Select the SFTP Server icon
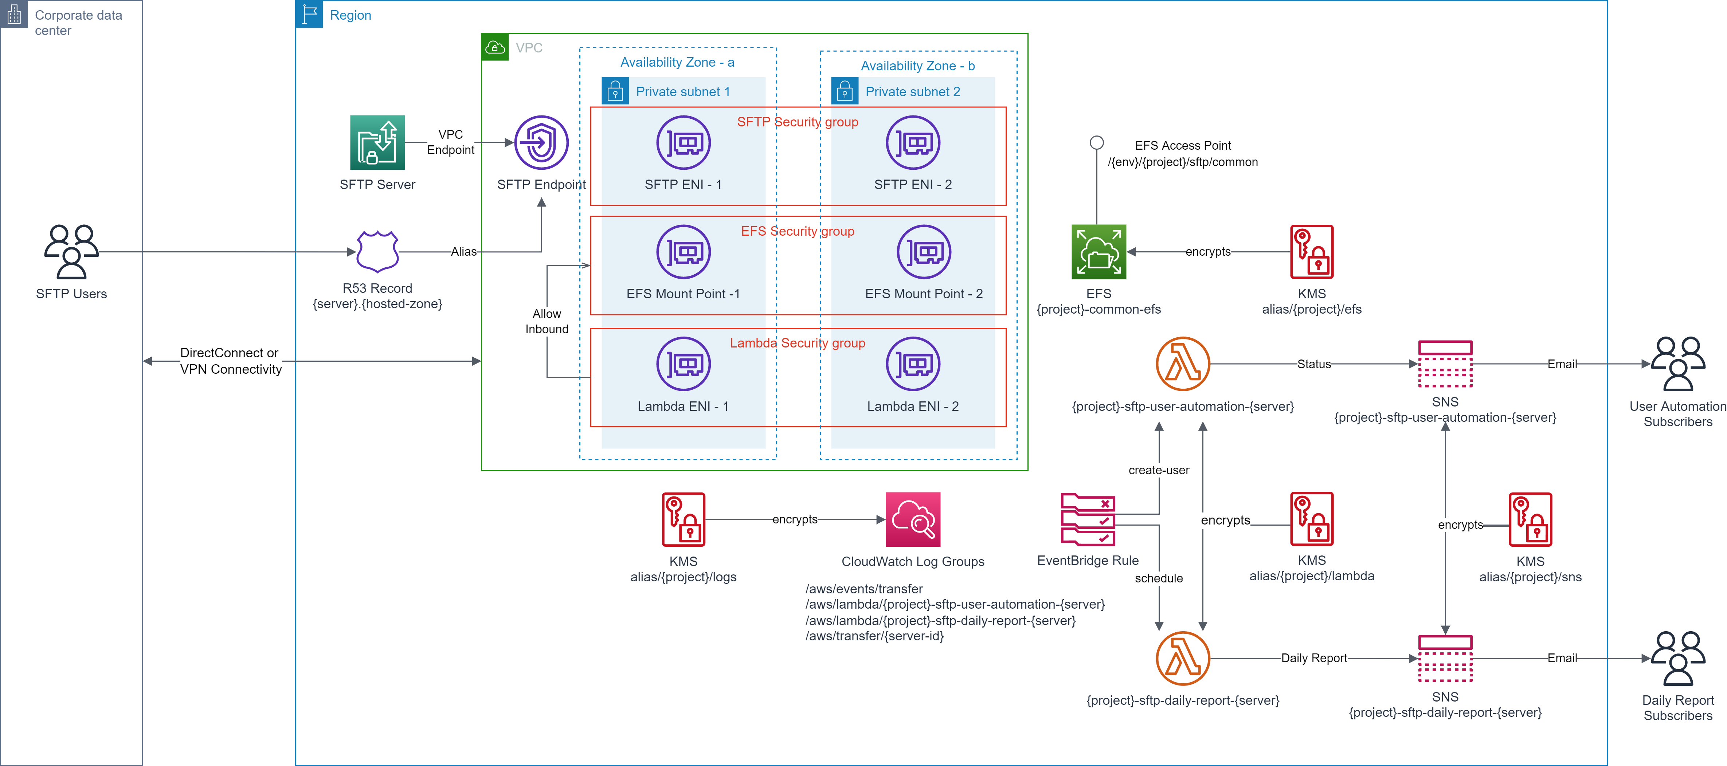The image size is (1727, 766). point(377,143)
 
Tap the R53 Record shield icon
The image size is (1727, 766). point(377,251)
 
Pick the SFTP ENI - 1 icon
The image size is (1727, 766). point(683,143)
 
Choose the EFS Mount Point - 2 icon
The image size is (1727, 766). point(924,252)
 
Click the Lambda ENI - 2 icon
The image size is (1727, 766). point(913,364)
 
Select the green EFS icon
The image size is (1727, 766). point(1099,252)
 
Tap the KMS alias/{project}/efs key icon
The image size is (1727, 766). point(1312,252)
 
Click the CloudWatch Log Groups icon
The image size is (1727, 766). point(913,519)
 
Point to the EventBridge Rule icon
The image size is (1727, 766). point(1088,519)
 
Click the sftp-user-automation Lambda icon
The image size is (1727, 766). point(1183,364)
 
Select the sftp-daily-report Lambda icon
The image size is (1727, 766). point(1183,658)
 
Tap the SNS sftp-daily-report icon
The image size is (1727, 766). point(1445,658)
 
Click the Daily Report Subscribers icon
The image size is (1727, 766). point(1678,658)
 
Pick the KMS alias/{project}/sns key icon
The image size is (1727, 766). point(1531,519)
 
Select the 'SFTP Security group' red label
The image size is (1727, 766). point(798,122)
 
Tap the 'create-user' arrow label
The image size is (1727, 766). point(1159,471)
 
